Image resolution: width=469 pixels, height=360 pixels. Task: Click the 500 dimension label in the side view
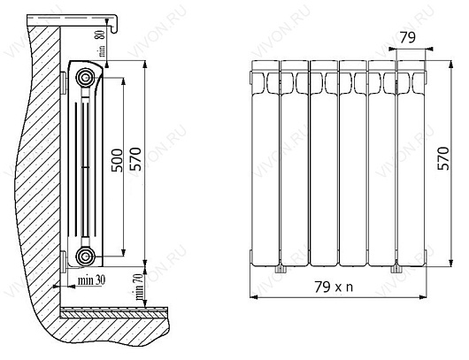(x=117, y=160)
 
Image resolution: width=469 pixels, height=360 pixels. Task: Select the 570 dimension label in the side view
(x=135, y=158)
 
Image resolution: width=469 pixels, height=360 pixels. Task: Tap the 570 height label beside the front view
(x=443, y=158)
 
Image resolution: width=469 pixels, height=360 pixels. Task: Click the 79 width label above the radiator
(x=408, y=37)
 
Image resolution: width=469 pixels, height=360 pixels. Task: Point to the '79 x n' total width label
(x=334, y=287)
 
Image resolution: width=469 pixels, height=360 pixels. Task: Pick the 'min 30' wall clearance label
(x=91, y=280)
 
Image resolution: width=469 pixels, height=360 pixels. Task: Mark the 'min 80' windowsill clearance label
(x=102, y=43)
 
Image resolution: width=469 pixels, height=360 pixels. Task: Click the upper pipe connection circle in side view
(x=86, y=78)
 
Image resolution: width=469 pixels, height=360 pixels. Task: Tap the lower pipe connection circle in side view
(x=86, y=257)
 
